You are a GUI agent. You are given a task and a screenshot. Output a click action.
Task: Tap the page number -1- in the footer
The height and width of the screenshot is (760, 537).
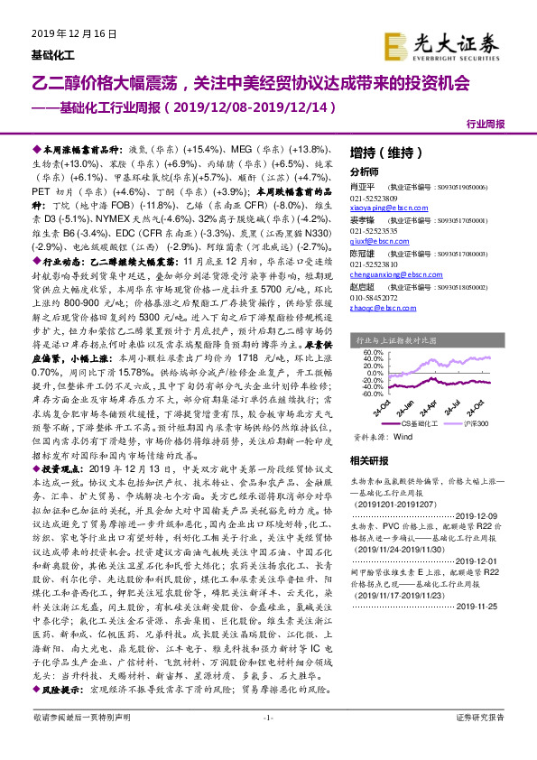point(267,741)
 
